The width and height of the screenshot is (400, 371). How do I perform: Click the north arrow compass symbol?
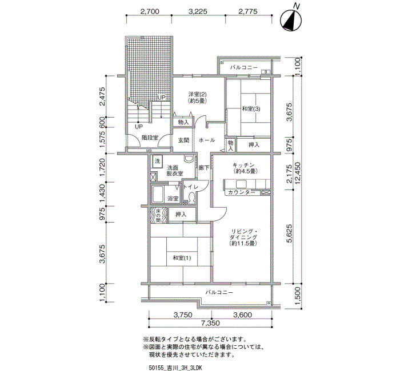[x=291, y=20]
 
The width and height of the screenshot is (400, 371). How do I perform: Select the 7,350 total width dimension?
[x=210, y=323]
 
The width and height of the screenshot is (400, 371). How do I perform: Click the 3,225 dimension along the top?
[x=198, y=11]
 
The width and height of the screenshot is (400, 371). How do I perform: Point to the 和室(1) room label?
[x=182, y=258]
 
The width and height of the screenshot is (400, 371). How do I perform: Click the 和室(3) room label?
[x=251, y=109]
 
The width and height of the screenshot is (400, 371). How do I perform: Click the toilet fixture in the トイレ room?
[x=191, y=197]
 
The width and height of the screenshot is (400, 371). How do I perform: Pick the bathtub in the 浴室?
[x=158, y=195]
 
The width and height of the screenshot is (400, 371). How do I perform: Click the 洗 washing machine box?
[x=157, y=161]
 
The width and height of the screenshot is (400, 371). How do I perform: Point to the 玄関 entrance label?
[x=183, y=140]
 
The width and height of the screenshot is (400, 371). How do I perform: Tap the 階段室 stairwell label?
[x=150, y=138]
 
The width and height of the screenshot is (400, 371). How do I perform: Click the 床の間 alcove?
[x=158, y=216]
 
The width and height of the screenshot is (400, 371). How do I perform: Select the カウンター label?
[x=242, y=192]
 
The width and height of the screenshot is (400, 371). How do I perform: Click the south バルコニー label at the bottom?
[x=219, y=292]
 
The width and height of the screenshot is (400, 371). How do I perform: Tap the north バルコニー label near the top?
[x=243, y=67]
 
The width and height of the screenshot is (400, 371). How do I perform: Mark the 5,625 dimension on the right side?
[x=289, y=234]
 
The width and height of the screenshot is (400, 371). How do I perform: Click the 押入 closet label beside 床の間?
[x=181, y=215]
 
